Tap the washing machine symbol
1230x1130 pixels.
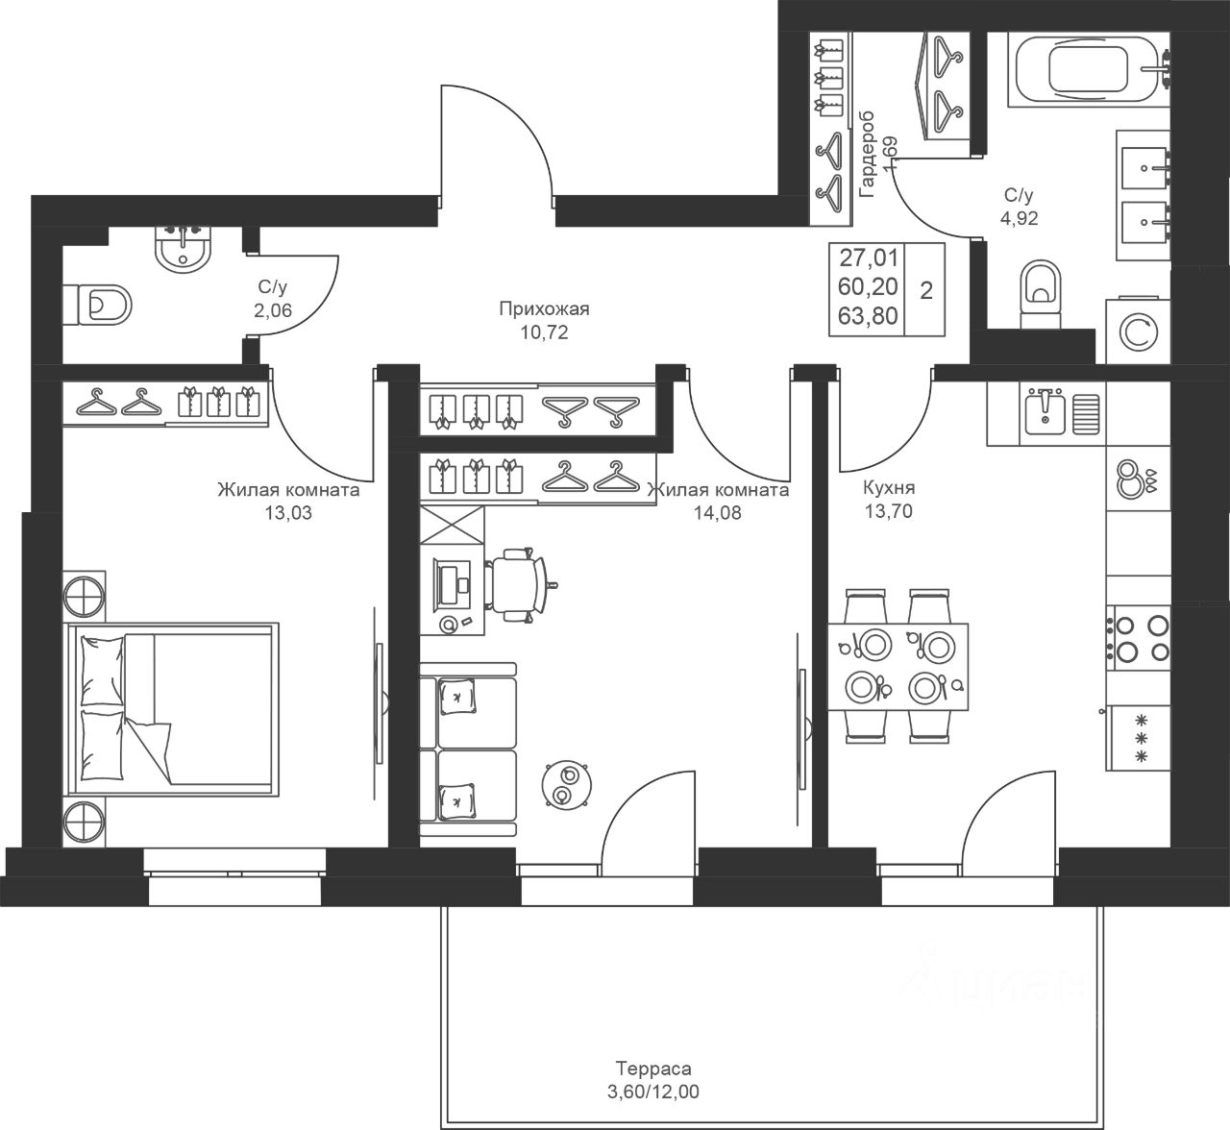1138,332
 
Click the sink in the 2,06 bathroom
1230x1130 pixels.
184,247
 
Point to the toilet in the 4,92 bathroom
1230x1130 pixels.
1041,294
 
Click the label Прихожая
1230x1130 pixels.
544,308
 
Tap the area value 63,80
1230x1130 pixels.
868,316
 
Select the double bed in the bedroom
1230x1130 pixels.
174,710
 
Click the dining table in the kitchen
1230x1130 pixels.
898,667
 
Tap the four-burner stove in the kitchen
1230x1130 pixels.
1138,638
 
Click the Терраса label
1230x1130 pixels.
653,1069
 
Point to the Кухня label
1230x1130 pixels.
889,488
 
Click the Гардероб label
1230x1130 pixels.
867,155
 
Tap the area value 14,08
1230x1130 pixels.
718,512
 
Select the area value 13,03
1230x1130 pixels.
288,512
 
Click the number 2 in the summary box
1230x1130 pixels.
926,290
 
